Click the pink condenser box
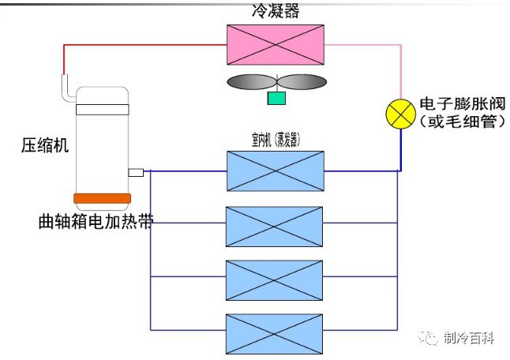[275, 44]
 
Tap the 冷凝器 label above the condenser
[275, 10]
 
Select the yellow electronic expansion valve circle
[400, 114]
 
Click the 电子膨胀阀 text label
[462, 104]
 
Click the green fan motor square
[276, 98]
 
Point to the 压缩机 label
[46, 144]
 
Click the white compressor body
[102, 142]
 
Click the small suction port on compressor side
[135, 172]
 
